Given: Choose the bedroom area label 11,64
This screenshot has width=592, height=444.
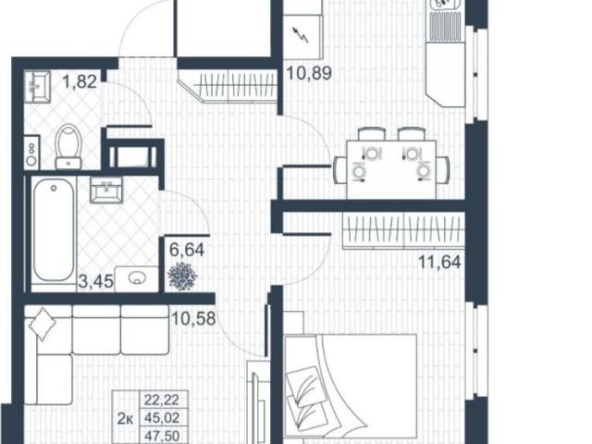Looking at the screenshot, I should point(438,261).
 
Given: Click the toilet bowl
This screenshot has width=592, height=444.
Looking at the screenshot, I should point(68,147).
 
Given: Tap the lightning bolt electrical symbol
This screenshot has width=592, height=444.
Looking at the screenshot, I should point(302,37).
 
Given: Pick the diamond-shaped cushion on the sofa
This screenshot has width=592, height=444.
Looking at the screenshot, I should point(43,325).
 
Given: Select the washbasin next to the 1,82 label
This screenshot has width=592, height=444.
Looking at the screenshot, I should point(37,85).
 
